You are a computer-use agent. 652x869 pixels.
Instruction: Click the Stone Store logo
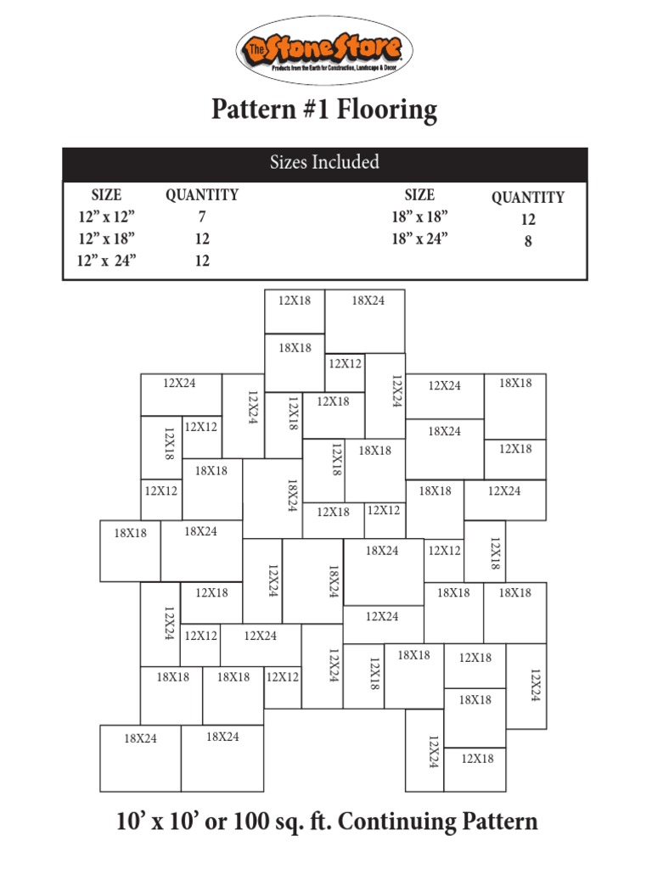[x=325, y=51]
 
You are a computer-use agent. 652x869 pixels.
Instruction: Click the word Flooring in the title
[x=387, y=109]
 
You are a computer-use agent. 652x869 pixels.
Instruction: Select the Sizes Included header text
[x=325, y=163]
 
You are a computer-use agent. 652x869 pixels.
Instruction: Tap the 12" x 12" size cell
[x=106, y=217]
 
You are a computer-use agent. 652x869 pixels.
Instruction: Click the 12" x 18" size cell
[x=106, y=239]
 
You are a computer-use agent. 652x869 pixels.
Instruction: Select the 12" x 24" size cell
[x=106, y=261]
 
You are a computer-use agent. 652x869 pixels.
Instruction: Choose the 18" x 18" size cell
[x=419, y=217]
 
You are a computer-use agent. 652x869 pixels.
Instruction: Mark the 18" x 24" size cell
[x=419, y=238]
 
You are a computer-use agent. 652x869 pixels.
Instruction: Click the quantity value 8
[x=528, y=241]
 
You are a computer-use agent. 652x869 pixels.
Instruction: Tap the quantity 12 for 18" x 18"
[x=528, y=219]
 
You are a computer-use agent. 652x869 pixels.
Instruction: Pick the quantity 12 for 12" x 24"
[x=201, y=261]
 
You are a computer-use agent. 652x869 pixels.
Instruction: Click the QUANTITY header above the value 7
[x=201, y=195]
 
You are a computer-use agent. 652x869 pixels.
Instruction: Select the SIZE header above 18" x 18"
[x=419, y=195]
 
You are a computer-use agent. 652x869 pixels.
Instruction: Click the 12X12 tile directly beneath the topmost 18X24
[x=345, y=372]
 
